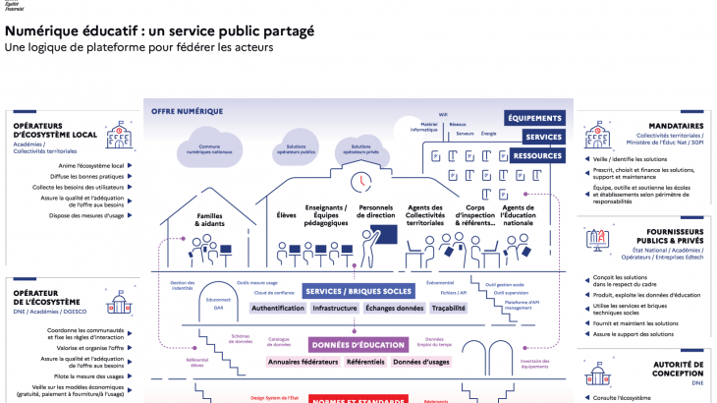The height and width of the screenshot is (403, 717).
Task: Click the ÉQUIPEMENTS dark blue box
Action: [x=535, y=118]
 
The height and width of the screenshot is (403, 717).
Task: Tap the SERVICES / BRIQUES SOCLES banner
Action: [x=358, y=291]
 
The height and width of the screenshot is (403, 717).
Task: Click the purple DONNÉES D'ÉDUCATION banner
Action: [x=358, y=345]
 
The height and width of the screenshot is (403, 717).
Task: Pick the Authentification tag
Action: [x=278, y=308]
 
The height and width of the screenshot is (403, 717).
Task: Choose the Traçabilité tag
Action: [x=448, y=308]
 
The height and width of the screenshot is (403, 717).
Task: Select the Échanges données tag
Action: [x=394, y=308]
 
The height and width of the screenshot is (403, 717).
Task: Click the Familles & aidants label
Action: [x=210, y=219]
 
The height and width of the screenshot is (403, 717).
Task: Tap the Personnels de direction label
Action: [x=375, y=214]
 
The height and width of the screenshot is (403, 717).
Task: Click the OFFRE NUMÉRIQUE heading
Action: [x=188, y=111]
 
